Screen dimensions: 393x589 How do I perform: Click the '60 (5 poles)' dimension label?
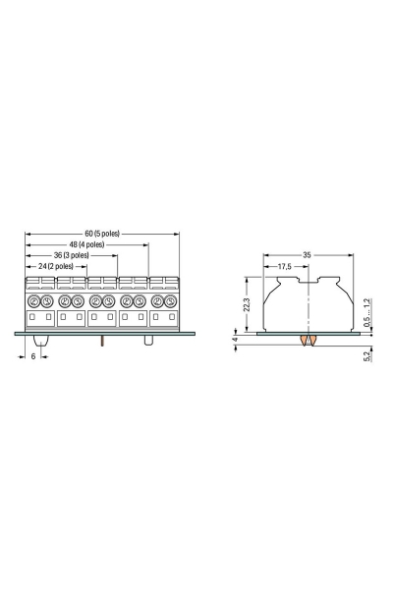click(x=102, y=234)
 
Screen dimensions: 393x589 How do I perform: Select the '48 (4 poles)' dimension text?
click(x=86, y=244)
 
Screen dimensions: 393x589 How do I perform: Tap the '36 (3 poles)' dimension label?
click(x=71, y=255)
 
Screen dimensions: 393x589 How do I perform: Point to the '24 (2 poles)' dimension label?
click(x=56, y=266)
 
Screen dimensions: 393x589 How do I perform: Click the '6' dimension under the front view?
click(x=33, y=356)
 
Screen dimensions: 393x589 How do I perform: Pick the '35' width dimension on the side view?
click(x=307, y=255)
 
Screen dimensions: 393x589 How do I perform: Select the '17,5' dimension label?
click(x=284, y=266)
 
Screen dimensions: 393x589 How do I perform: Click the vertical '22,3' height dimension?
click(x=247, y=304)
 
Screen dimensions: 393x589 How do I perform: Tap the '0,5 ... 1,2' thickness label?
click(x=367, y=312)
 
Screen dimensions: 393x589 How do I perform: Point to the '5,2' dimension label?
click(x=367, y=354)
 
